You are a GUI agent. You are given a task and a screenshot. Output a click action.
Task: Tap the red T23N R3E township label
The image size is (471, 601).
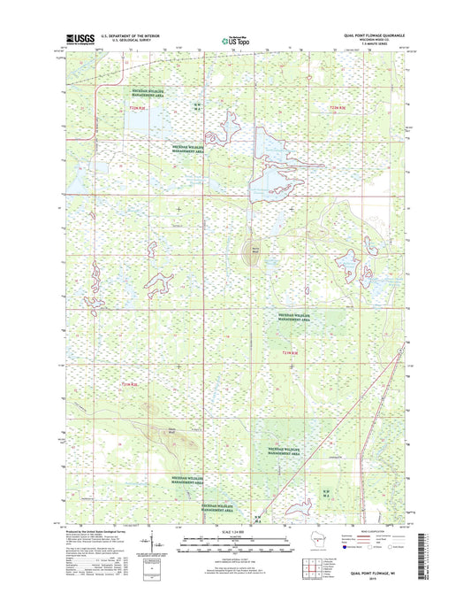pyautogui.click(x=338, y=107)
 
